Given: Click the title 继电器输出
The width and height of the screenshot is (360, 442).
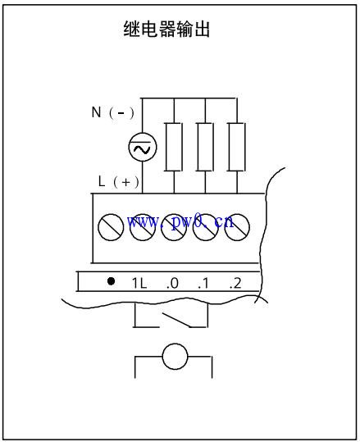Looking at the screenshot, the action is pos(166,29).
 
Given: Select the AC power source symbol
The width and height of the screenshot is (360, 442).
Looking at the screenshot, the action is pos(143,147).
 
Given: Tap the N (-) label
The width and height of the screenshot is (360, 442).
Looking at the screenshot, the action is pos(113,112).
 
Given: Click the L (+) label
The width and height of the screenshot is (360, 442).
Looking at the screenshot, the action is pos(119,181).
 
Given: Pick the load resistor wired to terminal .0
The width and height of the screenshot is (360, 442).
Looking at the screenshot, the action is pos(174,147).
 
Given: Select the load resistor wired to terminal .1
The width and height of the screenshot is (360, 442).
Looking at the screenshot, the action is pos(205,147).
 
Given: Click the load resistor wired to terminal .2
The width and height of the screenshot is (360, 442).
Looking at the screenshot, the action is pos(237,147).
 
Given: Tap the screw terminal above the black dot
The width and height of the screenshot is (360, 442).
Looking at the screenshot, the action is pos(111,227).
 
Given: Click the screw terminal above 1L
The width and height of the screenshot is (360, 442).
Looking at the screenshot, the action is pos(143,227).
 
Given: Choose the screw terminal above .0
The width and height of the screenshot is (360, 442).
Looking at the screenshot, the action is pos(174,227).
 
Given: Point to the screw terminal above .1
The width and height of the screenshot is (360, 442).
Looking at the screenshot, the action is pos(206,227).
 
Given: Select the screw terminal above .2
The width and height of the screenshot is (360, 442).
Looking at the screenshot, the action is pos(237,227).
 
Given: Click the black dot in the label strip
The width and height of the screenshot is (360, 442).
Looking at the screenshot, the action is pos(111,281).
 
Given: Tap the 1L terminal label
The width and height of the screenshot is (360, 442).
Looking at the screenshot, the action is pos(139,283).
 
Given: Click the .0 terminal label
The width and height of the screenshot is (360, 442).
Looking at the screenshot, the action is pos(172,283).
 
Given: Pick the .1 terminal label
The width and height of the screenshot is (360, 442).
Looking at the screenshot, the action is pos(203,283).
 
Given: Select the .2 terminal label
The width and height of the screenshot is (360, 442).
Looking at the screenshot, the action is pos(235,283).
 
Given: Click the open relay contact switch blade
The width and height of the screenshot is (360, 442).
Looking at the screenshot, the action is pos(175,319).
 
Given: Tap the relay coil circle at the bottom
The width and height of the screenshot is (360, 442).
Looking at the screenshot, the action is pos(175,356).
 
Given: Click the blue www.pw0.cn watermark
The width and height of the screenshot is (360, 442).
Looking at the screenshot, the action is pos(180,222).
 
